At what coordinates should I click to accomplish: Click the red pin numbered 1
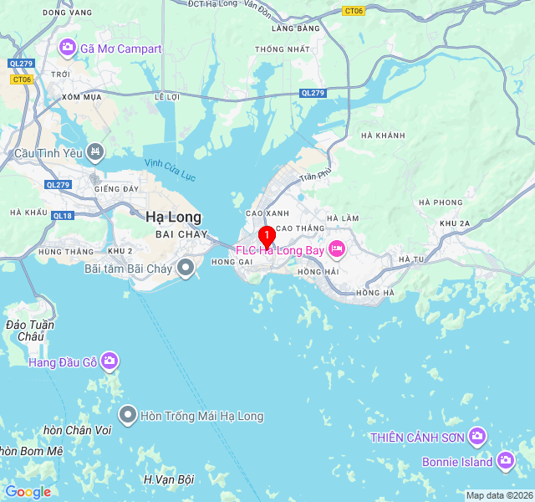coord(266,236)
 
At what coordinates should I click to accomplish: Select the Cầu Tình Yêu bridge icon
coord(96,152)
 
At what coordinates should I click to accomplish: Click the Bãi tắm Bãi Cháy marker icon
coord(186,269)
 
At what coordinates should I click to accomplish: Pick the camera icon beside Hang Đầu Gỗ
coord(110,361)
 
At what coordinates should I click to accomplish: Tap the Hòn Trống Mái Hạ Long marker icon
coord(128,415)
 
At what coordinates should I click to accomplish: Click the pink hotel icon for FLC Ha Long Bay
coord(336,248)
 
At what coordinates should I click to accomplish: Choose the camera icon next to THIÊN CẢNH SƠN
coord(477,436)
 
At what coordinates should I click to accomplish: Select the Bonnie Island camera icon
coord(505,461)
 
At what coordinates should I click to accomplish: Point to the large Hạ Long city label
coord(173,218)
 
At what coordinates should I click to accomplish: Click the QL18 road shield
coord(63,215)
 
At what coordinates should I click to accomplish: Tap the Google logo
coord(28,492)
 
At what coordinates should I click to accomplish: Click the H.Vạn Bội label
coord(168,479)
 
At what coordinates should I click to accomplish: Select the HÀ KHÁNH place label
coord(383,136)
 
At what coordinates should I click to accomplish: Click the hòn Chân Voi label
coord(77,430)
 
